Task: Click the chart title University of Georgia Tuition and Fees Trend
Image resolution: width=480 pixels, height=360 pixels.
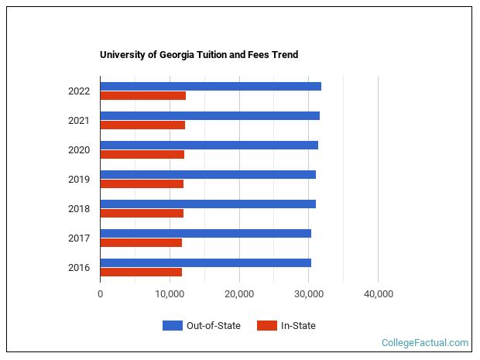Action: pos(199,55)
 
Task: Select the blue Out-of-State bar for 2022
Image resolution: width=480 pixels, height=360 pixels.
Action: pos(211,86)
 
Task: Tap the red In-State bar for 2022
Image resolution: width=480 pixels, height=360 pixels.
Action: pos(143,96)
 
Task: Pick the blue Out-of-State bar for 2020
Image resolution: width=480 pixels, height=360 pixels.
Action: pos(209,145)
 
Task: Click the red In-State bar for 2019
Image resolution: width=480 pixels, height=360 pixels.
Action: pos(142,184)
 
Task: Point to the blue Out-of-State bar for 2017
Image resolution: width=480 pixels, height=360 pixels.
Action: pos(206,233)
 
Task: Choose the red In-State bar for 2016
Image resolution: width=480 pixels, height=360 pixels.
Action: pos(141,272)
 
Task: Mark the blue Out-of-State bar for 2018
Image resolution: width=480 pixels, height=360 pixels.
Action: pos(208,204)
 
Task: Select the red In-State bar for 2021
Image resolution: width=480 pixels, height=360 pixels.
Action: pos(142,125)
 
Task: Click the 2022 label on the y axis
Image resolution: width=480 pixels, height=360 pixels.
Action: pos(79,91)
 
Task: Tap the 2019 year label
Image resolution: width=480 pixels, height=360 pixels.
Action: pos(79,180)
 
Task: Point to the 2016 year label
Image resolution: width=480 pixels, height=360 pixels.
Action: pos(79,268)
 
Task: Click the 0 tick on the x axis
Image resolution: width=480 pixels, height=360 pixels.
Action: pos(101,294)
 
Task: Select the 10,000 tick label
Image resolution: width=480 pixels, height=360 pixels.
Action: pos(170,294)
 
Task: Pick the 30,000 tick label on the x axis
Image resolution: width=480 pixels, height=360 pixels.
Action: pos(309,294)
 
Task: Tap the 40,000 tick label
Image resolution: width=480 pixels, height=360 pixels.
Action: pos(378,294)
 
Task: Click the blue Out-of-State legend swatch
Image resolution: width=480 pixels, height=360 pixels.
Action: pos(172,326)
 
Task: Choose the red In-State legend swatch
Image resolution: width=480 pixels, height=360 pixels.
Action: pos(266,326)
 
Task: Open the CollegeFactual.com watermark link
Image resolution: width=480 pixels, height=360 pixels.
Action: pos(425,342)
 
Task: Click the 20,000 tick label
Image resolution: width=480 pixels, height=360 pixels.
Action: pos(239,294)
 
